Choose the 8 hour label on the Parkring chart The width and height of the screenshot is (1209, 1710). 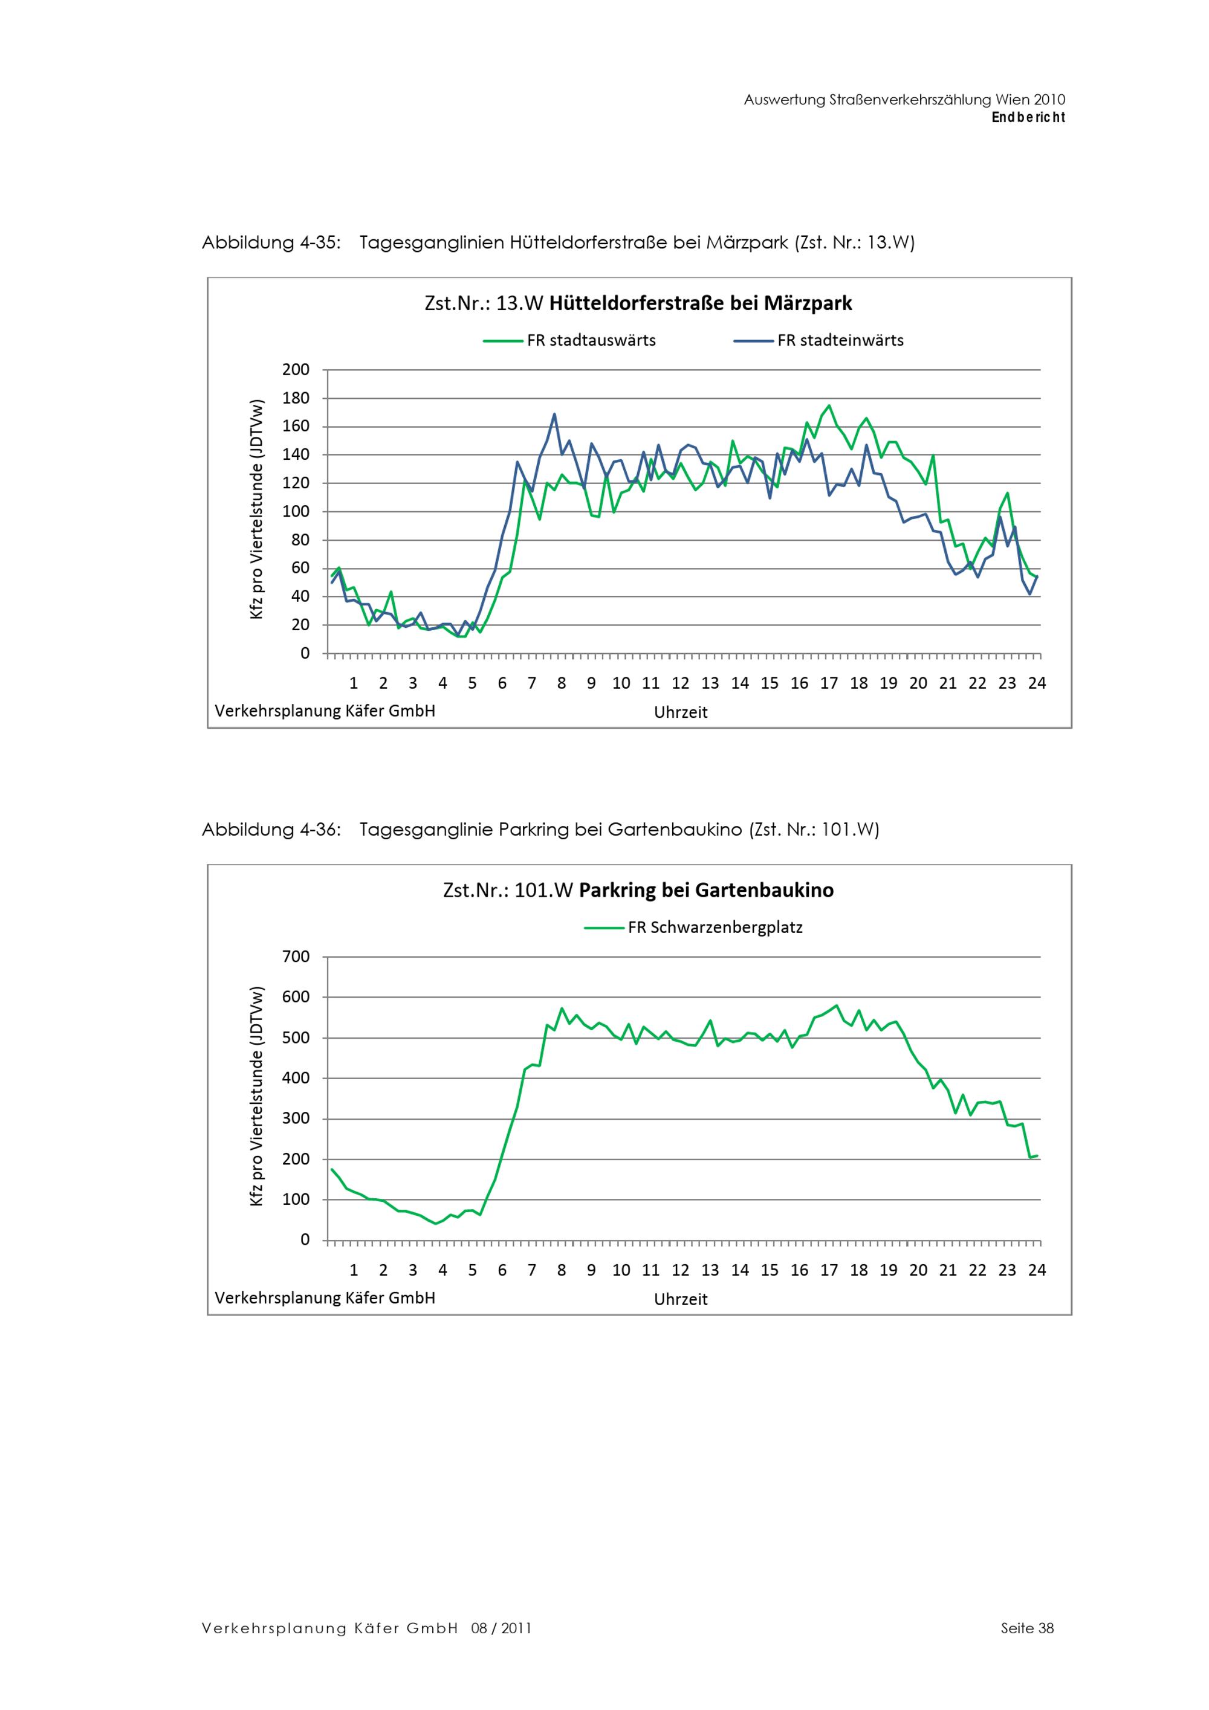click(x=562, y=1270)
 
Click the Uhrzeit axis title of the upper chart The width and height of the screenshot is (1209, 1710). click(x=680, y=712)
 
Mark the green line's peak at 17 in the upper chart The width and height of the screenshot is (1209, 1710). click(x=829, y=406)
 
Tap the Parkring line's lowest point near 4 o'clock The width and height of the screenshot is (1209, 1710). click(x=436, y=1223)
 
